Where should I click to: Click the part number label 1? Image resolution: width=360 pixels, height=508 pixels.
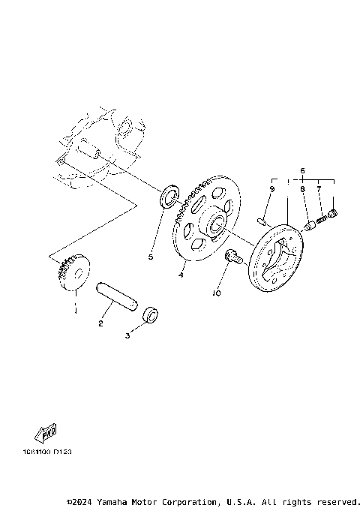coord(75,308)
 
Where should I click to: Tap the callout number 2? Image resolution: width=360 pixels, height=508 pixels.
coord(100,323)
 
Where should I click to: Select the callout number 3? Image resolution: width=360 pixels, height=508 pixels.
coord(127,337)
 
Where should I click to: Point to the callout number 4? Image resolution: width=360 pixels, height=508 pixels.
coord(180,275)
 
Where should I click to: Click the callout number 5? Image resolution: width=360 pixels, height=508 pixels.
coord(150,257)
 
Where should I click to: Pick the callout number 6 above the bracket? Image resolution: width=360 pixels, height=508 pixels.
coord(303,171)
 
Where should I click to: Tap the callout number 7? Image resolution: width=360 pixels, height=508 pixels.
coord(320,191)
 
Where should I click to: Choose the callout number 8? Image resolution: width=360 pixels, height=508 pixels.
coord(303,191)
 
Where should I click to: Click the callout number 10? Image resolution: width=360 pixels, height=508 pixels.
coord(217,294)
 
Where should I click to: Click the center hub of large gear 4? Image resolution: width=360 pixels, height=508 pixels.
coord(214,223)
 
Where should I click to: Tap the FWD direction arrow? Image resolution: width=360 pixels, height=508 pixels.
coord(46,434)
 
